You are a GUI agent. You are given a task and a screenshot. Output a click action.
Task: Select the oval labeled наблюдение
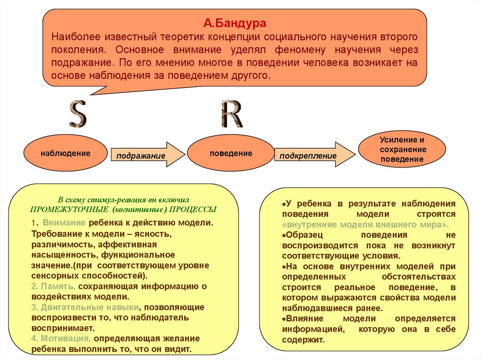click(65, 153)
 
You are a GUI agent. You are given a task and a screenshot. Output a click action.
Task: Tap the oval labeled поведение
click(231, 153)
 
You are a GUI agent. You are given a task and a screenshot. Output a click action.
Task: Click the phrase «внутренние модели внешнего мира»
click(365, 224)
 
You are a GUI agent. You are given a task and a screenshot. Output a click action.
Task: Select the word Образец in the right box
click(305, 235)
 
